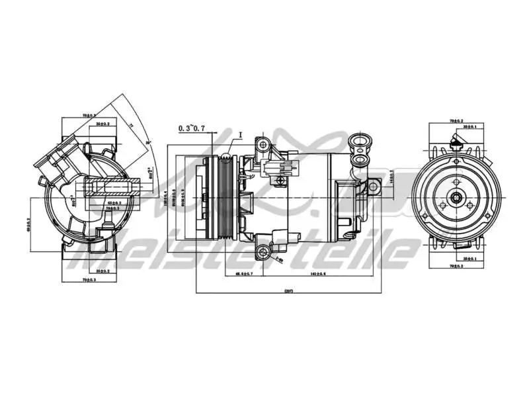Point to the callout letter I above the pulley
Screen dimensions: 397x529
(241, 134)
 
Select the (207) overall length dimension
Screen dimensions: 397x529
(288, 291)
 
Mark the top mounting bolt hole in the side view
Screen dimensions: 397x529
(265, 145)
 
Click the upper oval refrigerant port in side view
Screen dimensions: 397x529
(360, 140)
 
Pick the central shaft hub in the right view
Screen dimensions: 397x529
(456, 197)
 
